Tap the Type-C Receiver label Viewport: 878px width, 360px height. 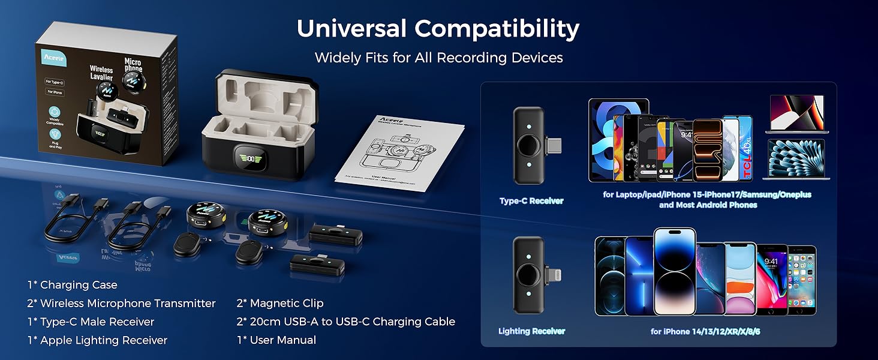531,201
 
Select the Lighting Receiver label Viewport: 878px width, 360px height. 531,331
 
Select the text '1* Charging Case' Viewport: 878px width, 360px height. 73,285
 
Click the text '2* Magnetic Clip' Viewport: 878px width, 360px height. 280,304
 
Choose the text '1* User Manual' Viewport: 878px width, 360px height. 276,340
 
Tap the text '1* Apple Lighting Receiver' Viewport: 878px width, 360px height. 97,340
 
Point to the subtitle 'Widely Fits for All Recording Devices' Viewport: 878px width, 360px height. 438,58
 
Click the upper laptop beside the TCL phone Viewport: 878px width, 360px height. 796,114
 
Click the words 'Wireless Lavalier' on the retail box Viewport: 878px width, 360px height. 101,73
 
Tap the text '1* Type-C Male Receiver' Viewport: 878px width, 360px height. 91,322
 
